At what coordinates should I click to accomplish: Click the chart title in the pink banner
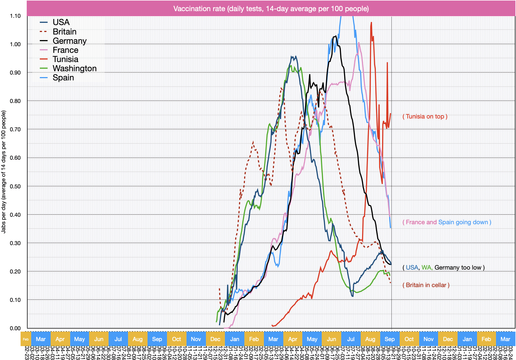click(271, 9)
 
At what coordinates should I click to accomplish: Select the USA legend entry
click(61, 22)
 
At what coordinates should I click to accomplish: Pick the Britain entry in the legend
click(64, 32)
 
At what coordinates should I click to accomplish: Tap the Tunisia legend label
click(65, 59)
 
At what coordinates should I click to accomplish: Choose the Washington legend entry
click(74, 68)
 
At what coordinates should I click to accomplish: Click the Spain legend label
click(63, 78)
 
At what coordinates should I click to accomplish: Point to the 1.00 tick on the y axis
click(15, 44)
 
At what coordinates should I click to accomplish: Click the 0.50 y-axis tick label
click(15, 186)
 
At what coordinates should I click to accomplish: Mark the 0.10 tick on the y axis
click(15, 300)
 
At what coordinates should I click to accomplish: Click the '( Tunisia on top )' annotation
click(425, 117)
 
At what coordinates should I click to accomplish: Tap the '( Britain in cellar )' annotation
click(426, 285)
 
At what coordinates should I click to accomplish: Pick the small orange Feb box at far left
click(26, 339)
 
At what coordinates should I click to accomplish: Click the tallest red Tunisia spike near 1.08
click(371, 23)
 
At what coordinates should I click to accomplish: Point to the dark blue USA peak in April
click(292, 57)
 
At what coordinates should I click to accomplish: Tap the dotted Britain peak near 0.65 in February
click(253, 142)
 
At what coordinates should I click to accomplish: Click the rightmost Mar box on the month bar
click(505, 339)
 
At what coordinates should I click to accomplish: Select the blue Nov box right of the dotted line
click(428, 339)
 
